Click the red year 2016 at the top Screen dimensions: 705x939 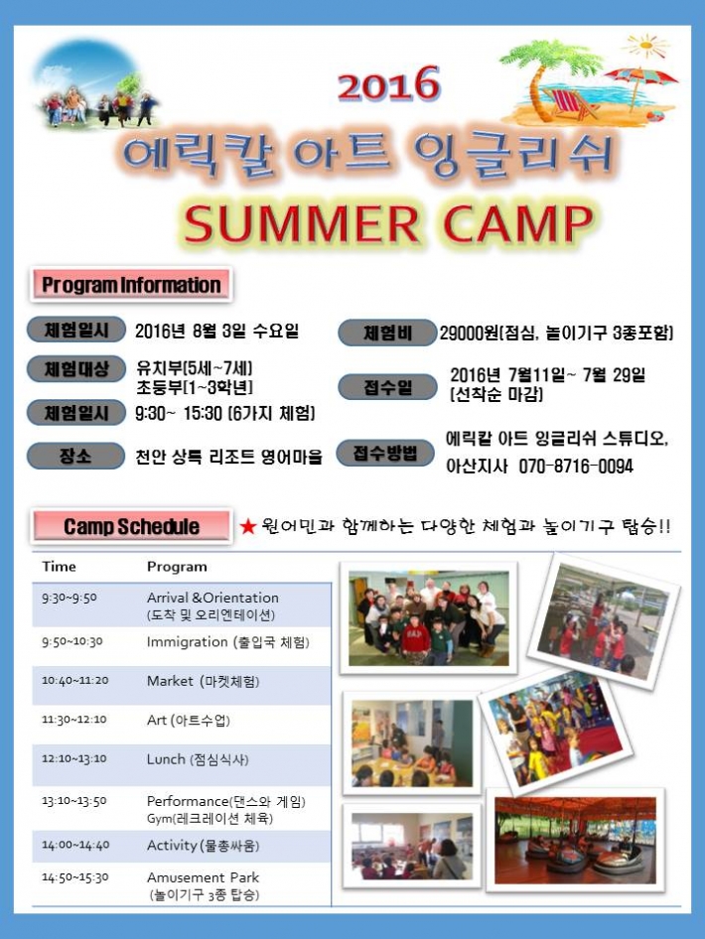[388, 83]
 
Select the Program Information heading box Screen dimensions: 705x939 [131, 285]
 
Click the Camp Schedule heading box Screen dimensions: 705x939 [131, 526]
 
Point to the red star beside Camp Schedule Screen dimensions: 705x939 [247, 526]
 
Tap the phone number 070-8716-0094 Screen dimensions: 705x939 [576, 466]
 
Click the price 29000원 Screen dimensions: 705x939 [470, 333]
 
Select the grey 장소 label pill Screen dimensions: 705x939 [75, 457]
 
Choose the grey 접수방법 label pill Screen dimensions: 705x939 [385, 453]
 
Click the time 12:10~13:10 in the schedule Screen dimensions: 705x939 [74, 758]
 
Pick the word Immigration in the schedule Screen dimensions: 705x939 [188, 642]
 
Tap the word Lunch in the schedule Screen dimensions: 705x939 [166, 759]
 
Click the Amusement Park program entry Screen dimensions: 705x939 [203, 885]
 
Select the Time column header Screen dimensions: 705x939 [59, 567]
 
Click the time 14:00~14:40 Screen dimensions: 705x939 [75, 845]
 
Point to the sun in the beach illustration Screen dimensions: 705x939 [645, 46]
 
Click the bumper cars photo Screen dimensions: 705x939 [575, 840]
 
